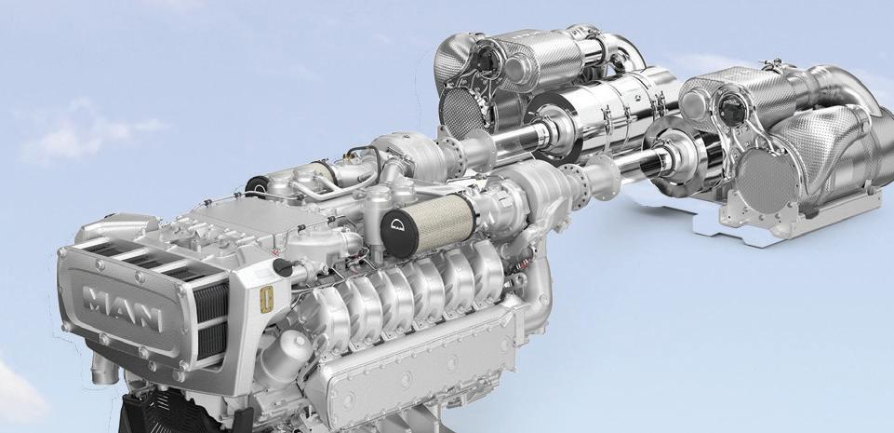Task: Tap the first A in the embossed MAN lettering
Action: [122, 308]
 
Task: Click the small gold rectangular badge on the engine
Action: [266, 299]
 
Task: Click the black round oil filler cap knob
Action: [282, 267]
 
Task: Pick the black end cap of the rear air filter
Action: [257, 184]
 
